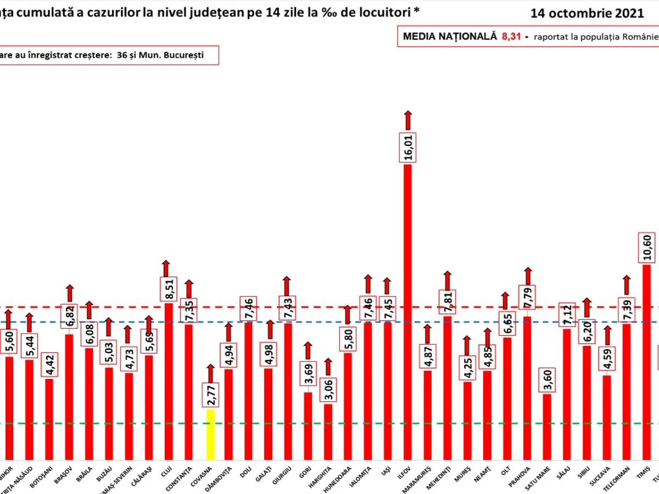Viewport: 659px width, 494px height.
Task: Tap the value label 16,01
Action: (408, 147)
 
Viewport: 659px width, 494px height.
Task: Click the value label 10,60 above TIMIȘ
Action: (646, 248)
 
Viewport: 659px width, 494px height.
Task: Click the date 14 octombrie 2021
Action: (587, 14)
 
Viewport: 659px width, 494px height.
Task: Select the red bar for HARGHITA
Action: (328, 431)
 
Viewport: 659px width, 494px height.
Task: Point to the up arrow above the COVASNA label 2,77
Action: (210, 373)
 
